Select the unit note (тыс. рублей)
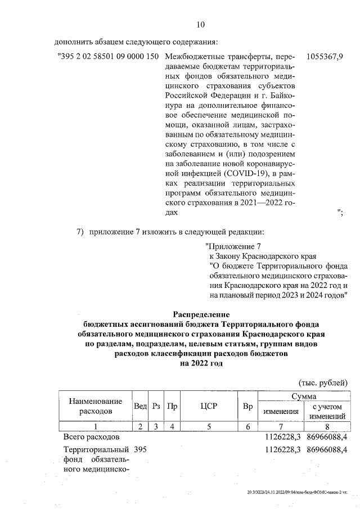(323, 382)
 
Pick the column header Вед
(140, 406)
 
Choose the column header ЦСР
(208, 406)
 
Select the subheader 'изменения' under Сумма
(281, 411)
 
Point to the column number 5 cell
(208, 426)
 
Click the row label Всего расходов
(91, 436)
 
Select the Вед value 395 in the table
(140, 449)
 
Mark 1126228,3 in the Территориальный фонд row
(283, 449)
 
